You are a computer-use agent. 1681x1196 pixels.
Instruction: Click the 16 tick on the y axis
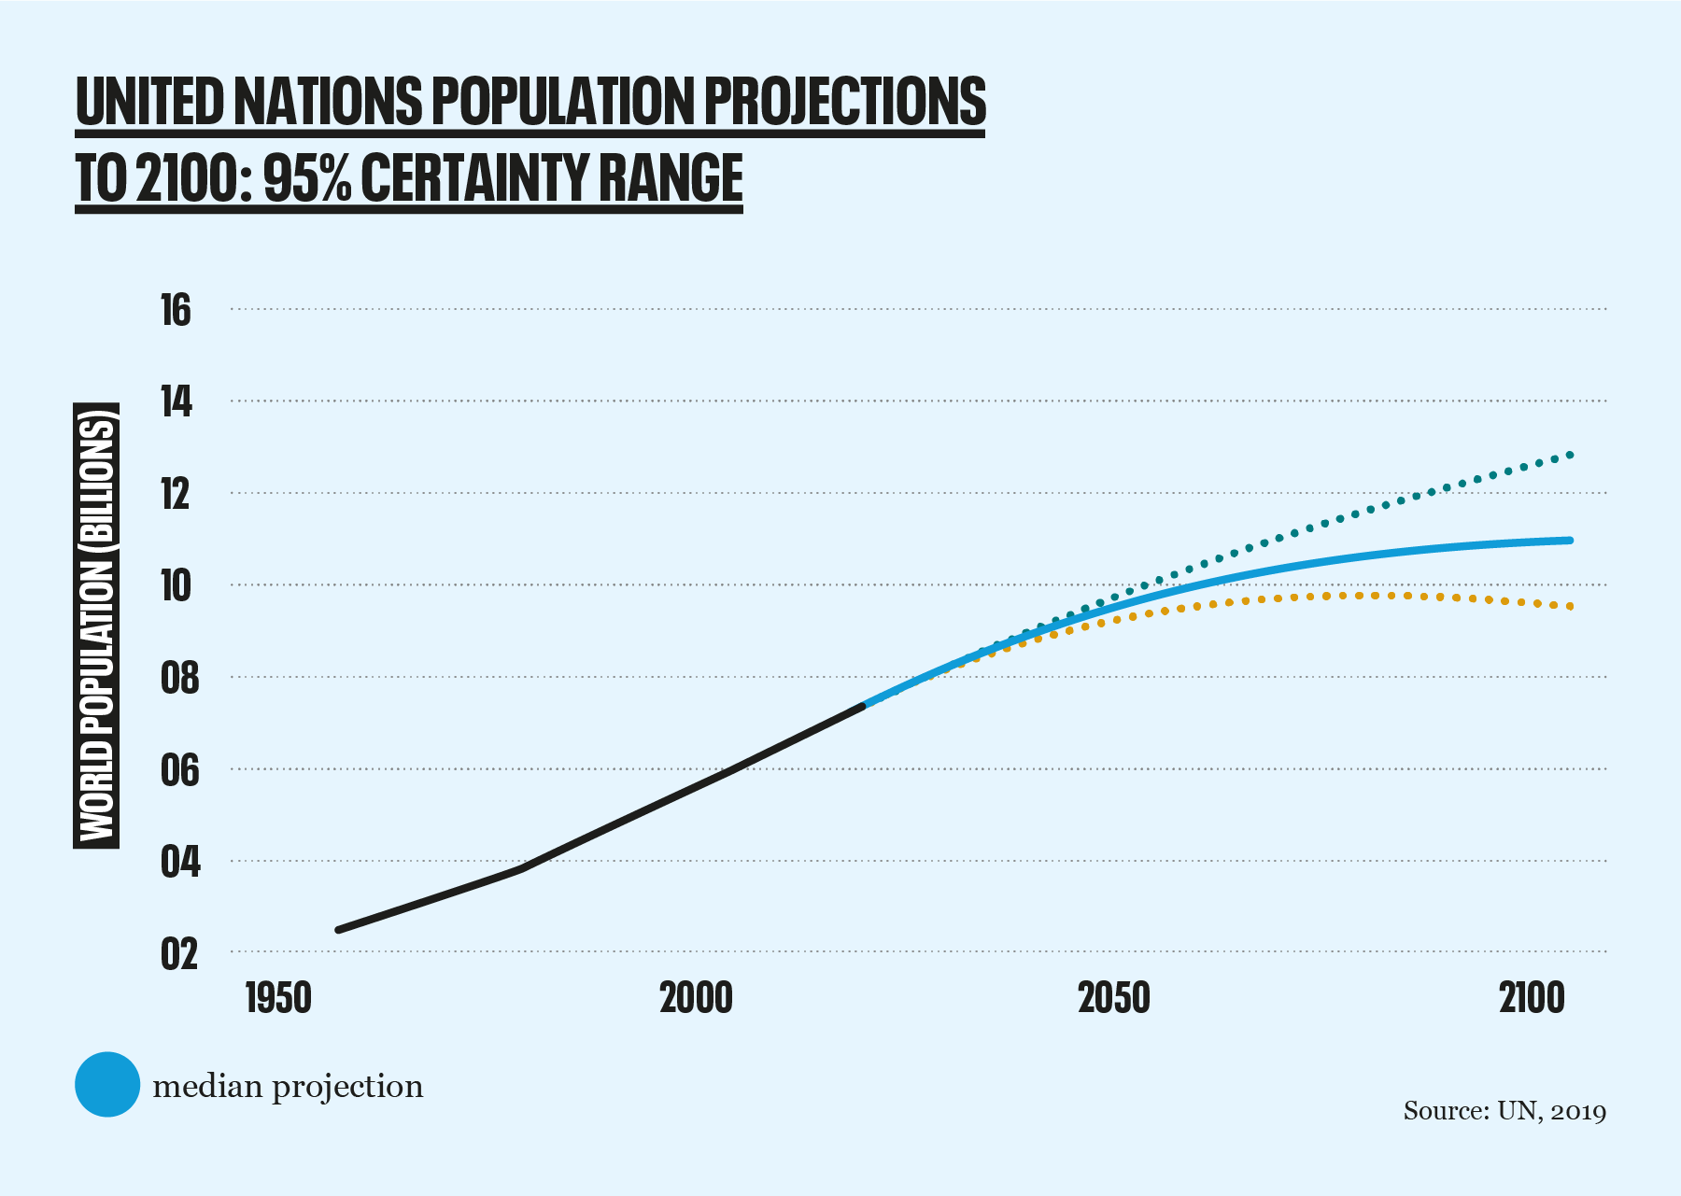(176, 310)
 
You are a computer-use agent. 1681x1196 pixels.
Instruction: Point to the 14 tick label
(176, 401)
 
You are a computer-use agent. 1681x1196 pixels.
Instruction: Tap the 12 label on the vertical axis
(176, 494)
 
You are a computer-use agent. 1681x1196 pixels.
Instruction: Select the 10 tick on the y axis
(176, 585)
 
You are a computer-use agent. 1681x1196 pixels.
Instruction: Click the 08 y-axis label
(179, 678)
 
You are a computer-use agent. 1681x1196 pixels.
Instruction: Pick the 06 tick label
(179, 770)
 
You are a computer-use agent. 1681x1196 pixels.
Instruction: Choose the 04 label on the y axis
(179, 862)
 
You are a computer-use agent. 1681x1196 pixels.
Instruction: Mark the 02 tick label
(179, 953)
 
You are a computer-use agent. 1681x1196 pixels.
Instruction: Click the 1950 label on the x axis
(278, 998)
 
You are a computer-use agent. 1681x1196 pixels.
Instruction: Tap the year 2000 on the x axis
(696, 998)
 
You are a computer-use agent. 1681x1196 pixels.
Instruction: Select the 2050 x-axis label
(1114, 998)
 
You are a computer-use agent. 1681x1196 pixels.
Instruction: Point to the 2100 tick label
(1532, 998)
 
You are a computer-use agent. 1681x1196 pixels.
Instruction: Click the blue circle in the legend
(107, 1084)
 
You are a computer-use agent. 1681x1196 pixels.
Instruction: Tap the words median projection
(288, 1087)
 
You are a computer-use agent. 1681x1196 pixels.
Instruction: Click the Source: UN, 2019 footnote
(1504, 1111)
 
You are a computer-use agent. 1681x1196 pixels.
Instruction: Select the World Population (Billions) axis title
(96, 626)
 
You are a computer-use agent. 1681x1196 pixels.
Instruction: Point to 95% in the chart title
(307, 177)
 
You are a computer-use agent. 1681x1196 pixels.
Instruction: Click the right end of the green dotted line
(1571, 455)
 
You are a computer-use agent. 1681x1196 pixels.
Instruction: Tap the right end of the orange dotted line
(1571, 607)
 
